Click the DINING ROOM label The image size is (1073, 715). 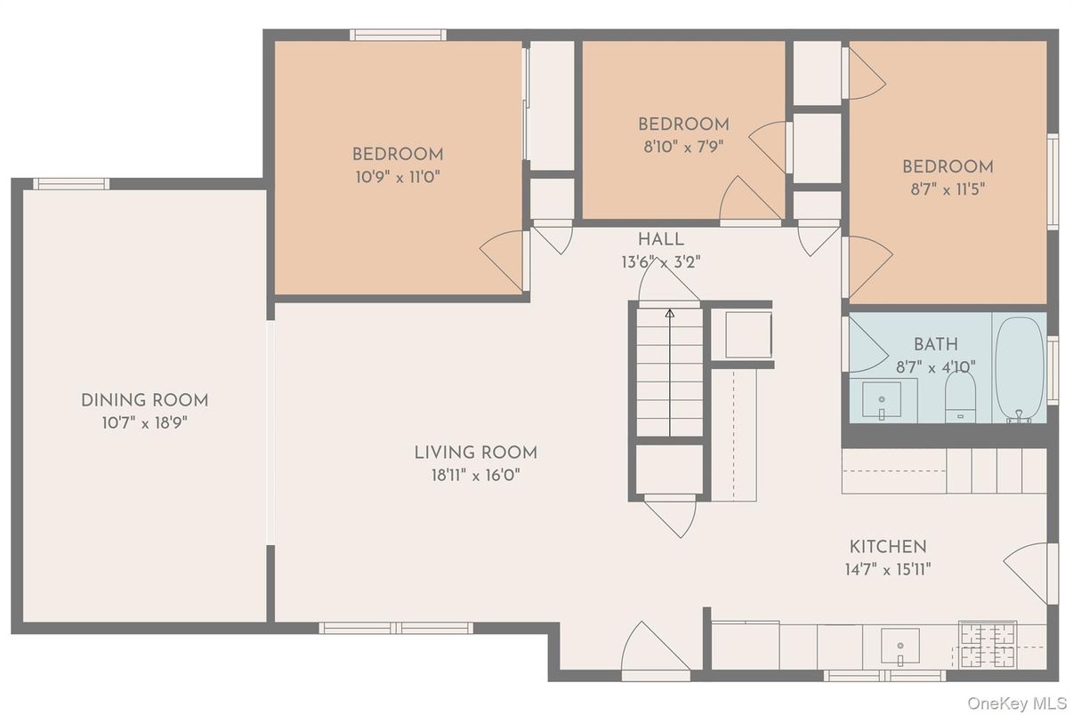click(144, 400)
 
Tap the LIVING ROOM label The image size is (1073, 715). click(475, 453)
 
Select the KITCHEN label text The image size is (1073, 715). click(887, 547)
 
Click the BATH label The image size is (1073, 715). click(935, 344)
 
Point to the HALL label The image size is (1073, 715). click(660, 239)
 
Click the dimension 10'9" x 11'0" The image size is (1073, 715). click(397, 176)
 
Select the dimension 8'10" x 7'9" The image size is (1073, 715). click(683, 147)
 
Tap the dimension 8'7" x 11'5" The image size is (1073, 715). click(948, 189)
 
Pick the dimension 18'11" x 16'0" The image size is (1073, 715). click(475, 475)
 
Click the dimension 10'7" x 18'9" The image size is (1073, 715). click(144, 422)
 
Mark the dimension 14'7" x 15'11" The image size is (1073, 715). click(887, 569)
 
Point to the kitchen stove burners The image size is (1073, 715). click(988, 645)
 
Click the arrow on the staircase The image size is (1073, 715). click(669, 312)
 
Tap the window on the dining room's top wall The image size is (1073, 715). click(71, 184)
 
